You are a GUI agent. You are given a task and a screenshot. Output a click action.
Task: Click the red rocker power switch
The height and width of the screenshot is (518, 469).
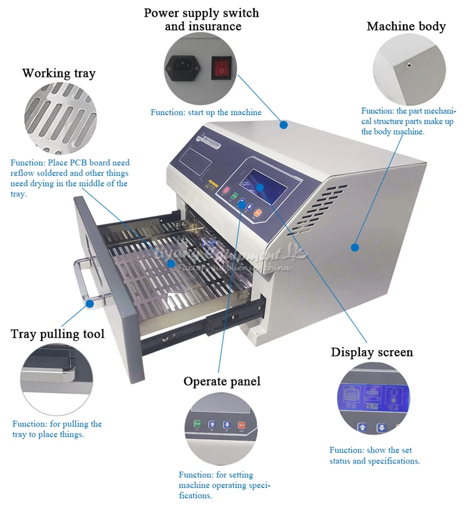[221, 67]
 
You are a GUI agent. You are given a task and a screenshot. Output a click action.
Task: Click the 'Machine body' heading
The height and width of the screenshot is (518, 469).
[406, 26]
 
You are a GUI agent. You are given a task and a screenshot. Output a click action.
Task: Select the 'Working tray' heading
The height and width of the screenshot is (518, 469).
[59, 73]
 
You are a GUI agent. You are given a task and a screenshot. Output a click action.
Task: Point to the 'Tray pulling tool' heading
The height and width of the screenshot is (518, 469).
[57, 334]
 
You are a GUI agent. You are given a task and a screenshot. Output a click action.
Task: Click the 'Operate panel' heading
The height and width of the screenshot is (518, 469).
[222, 381]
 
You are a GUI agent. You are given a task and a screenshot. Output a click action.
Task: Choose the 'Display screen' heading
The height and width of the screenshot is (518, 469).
[372, 352]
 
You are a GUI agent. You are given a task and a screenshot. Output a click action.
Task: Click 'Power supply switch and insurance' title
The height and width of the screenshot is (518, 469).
[202, 19]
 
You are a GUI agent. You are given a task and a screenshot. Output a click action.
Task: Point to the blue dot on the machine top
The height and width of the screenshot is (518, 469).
[284, 124]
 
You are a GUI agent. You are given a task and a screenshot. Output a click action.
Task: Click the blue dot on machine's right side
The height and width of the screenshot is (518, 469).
[355, 247]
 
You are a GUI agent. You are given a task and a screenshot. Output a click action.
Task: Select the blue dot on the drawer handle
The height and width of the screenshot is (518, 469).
[90, 303]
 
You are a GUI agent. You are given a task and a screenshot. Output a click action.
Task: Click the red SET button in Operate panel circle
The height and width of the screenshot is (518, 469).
[241, 424]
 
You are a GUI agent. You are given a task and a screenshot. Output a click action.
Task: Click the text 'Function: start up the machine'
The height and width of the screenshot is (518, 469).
[206, 112]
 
